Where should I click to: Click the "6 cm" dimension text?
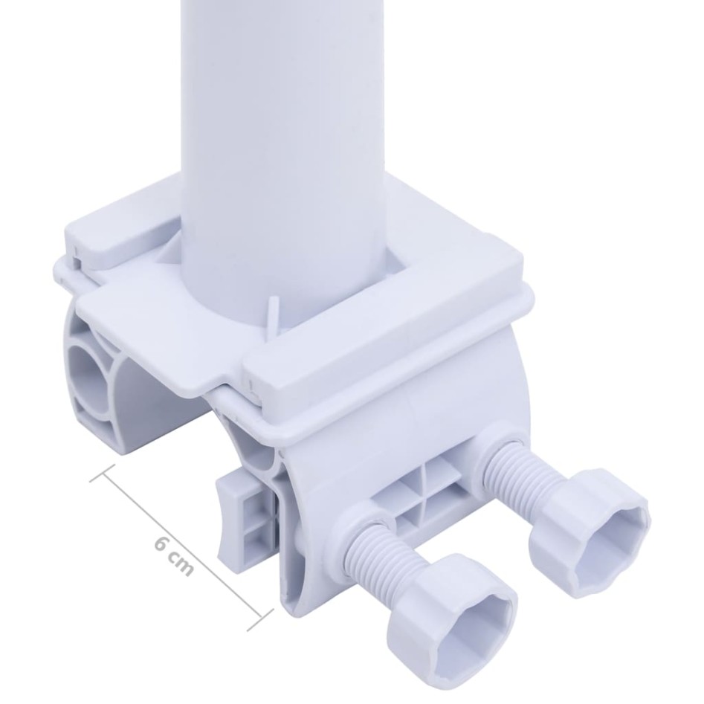[x=174, y=555]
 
